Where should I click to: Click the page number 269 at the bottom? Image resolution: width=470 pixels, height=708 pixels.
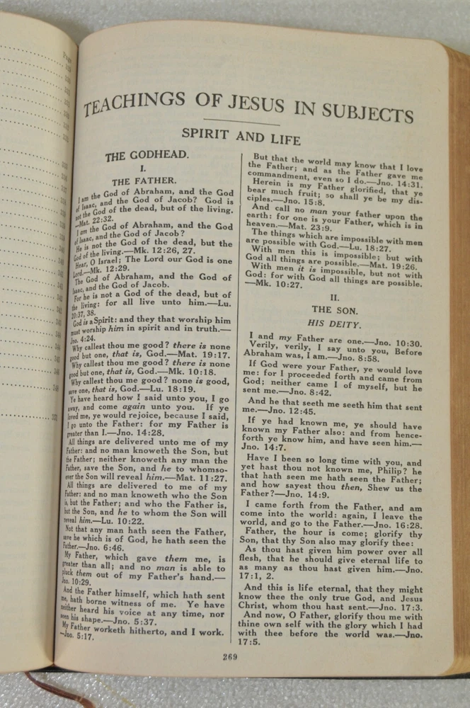(x=229, y=656)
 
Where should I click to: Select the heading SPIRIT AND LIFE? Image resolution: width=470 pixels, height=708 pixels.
(x=241, y=135)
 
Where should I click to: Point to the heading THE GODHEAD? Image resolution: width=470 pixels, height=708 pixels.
(x=147, y=155)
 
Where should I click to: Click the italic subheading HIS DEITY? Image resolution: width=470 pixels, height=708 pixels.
(x=336, y=324)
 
